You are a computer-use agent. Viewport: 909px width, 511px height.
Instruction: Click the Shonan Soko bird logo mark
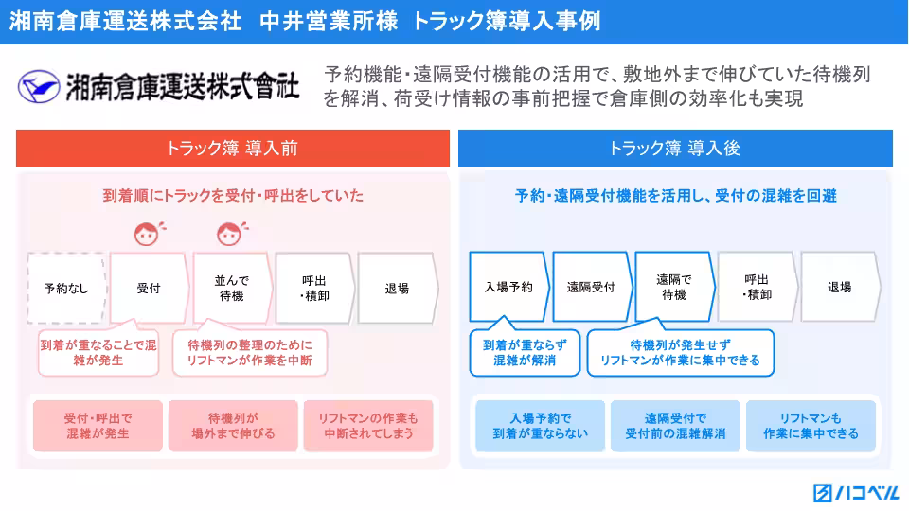pos(39,87)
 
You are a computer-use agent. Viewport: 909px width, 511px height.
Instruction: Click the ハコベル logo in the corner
pos(856,493)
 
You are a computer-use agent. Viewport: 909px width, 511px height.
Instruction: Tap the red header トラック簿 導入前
pos(233,149)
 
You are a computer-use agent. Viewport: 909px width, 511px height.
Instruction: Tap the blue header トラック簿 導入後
pos(674,149)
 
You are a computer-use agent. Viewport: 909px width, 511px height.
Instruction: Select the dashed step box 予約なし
pos(67,288)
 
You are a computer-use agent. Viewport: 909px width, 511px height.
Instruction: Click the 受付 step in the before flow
pos(149,288)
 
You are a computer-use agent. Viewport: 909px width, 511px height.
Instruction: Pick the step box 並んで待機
pos(231,288)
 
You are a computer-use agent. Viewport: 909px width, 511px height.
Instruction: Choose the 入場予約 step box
pos(508,287)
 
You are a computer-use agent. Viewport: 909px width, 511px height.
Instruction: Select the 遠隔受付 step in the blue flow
pos(591,287)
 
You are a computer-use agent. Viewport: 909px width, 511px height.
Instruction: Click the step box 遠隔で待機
pos(673,287)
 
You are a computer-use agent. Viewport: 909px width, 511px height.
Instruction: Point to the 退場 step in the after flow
pos(839,287)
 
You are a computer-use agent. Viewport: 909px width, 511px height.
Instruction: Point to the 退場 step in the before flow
pos(397,288)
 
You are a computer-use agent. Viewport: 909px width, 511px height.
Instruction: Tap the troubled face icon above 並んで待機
pos(229,233)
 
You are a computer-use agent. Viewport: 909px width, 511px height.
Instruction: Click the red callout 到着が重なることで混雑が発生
pos(98,353)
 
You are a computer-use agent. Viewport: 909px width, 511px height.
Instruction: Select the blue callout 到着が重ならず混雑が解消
pos(524,353)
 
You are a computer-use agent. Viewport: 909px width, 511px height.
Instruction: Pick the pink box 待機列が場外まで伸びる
pos(233,426)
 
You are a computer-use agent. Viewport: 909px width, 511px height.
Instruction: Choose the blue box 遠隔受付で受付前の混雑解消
pos(675,426)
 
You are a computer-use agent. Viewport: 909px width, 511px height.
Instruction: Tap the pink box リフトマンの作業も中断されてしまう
pos(368,426)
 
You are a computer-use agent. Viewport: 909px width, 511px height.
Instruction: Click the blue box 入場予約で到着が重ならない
pos(540,426)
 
